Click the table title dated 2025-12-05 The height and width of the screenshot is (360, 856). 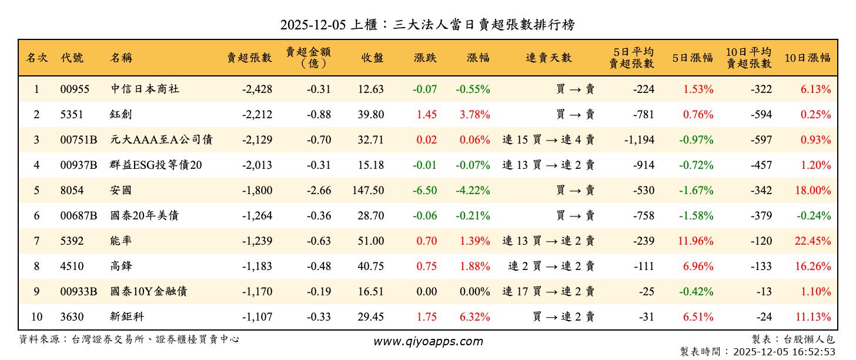[x=427, y=25]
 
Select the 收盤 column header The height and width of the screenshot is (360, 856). [x=372, y=58]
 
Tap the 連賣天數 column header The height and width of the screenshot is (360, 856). [x=549, y=58]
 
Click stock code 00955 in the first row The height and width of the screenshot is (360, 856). [x=75, y=89]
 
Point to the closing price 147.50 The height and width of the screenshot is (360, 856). [x=369, y=191]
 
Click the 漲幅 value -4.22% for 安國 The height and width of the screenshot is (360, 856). [x=473, y=191]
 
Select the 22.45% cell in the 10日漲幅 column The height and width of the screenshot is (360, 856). [x=814, y=241]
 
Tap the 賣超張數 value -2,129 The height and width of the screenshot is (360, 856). [x=257, y=140]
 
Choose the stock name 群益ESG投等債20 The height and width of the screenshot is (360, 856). [x=156, y=165]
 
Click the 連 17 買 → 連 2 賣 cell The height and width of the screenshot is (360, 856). [x=549, y=292]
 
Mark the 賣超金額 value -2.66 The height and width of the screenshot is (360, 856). [x=319, y=191]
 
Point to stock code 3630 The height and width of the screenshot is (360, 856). [x=72, y=317]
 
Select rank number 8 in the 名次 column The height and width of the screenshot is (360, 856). [x=36, y=266]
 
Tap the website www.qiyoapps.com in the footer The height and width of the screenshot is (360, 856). [x=428, y=341]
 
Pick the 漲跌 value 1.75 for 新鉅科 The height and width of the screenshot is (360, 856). [x=426, y=317]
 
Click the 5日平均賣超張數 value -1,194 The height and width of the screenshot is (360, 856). [x=638, y=140]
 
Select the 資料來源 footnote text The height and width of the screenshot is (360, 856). [x=129, y=339]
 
